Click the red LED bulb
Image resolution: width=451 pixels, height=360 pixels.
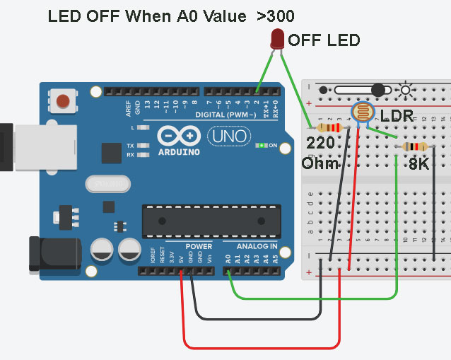[x=277, y=38]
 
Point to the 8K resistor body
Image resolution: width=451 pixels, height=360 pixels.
[x=414, y=146]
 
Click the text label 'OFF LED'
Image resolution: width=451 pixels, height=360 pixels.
[x=324, y=40]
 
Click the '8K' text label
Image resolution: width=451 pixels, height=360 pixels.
[x=420, y=163]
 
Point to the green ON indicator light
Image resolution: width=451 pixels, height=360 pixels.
[x=262, y=146]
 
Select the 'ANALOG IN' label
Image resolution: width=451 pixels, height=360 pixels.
[x=251, y=246]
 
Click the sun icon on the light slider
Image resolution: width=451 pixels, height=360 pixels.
[x=405, y=90]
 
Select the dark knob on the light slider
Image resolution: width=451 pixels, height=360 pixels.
[x=377, y=90]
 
